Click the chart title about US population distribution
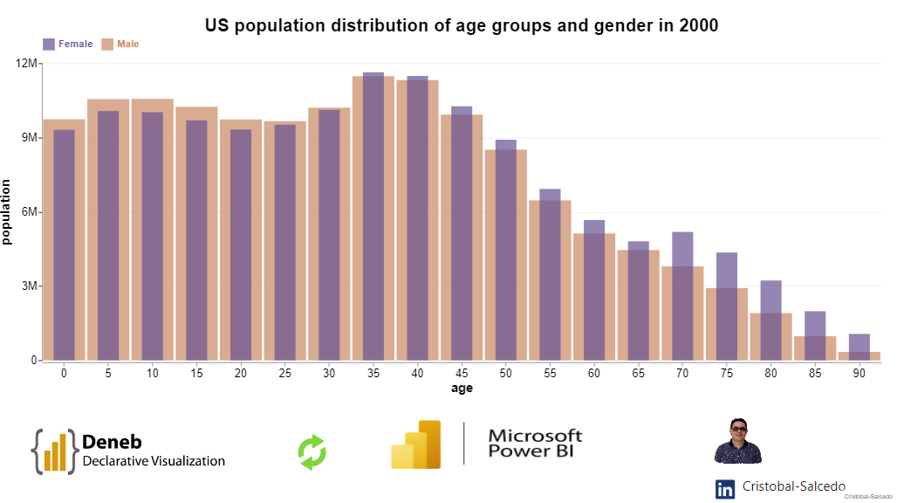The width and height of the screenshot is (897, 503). tap(462, 25)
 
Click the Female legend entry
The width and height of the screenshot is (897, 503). tap(68, 44)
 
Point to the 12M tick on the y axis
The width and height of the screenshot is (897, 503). tap(26, 64)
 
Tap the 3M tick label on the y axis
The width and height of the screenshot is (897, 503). tap(28, 286)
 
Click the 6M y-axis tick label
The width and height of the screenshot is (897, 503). tap(28, 212)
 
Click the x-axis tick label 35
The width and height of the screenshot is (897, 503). tap(373, 374)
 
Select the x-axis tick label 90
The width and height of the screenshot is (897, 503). tap(859, 374)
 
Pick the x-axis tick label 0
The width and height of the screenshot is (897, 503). tap(64, 374)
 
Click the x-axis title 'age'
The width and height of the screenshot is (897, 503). tap(462, 389)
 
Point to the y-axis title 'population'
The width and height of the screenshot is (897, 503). tap(8, 212)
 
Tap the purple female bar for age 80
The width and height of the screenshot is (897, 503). tap(770, 320)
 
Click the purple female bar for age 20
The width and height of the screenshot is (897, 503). tap(241, 245)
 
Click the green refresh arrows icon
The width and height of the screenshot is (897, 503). tap(312, 452)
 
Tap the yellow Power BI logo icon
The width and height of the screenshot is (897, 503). tap(415, 444)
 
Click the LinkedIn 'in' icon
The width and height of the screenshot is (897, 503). tap(725, 489)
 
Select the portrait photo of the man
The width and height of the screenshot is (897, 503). tap(738, 441)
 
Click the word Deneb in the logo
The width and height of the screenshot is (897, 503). tap(112, 442)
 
